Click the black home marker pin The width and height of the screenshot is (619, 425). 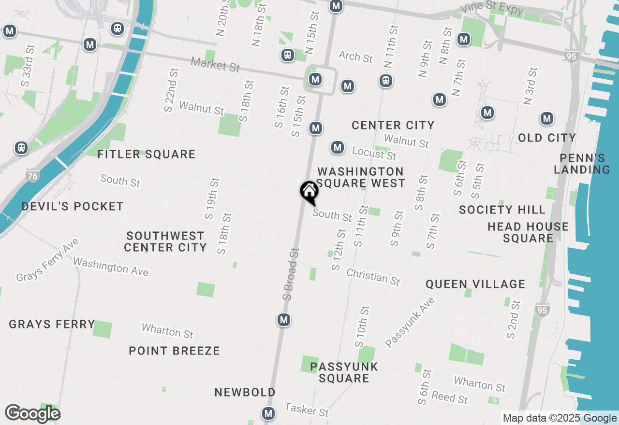(x=309, y=192)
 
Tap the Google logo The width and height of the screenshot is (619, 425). (x=32, y=414)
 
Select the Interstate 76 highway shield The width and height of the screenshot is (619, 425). (x=32, y=176)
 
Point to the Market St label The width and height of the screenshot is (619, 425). (x=215, y=65)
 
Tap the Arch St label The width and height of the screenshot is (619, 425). (x=355, y=57)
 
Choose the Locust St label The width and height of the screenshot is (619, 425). (x=374, y=153)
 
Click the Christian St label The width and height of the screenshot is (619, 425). (x=373, y=277)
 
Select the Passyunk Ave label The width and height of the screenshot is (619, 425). (x=411, y=323)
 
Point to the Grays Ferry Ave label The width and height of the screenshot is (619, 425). (x=47, y=259)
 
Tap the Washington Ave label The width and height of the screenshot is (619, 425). (x=110, y=267)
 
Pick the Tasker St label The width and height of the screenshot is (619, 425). (x=306, y=410)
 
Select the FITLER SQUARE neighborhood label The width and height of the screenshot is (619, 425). (x=147, y=155)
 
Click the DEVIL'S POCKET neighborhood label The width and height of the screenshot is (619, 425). (x=73, y=207)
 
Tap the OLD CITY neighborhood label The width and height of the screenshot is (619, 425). (x=547, y=138)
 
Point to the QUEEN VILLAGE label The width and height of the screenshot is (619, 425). (x=475, y=284)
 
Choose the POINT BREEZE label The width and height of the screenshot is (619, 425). (x=174, y=351)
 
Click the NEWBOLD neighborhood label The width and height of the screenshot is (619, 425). (x=245, y=392)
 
